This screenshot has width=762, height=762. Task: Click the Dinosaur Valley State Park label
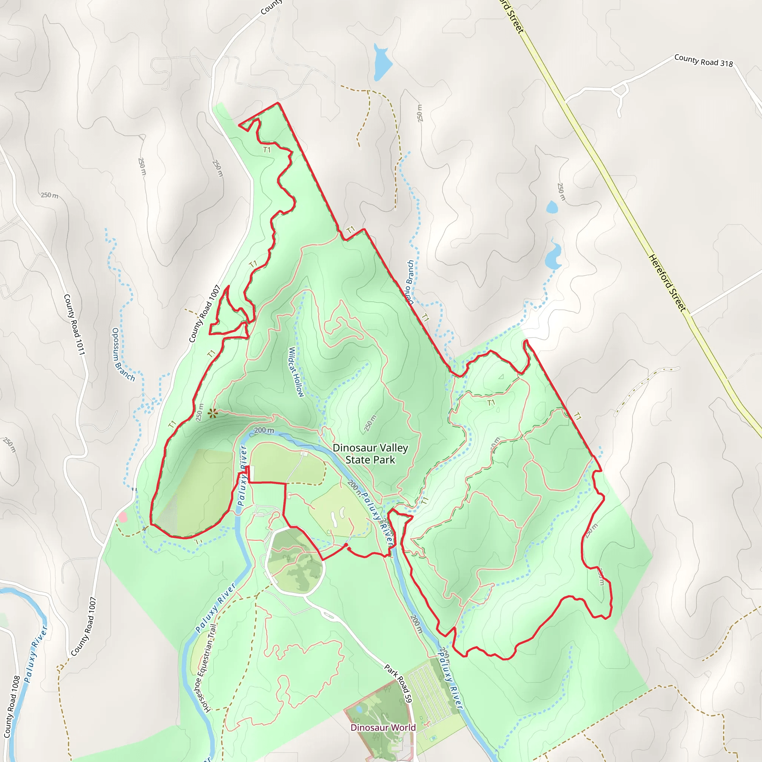pos(370,454)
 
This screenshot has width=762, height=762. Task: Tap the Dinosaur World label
pos(382,727)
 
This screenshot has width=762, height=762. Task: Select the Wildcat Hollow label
pos(296,372)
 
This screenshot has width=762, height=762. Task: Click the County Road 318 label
pos(703,60)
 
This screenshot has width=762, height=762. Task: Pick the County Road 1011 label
pos(74,324)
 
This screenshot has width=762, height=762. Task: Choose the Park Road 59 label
pos(398,683)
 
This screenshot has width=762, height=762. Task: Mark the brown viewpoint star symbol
pos(212,413)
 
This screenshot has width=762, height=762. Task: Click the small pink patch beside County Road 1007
pos(123,517)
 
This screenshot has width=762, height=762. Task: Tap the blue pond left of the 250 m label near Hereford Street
pos(552,206)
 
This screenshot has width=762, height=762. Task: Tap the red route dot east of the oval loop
pos(346,545)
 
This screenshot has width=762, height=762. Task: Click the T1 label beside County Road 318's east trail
pos(577,416)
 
